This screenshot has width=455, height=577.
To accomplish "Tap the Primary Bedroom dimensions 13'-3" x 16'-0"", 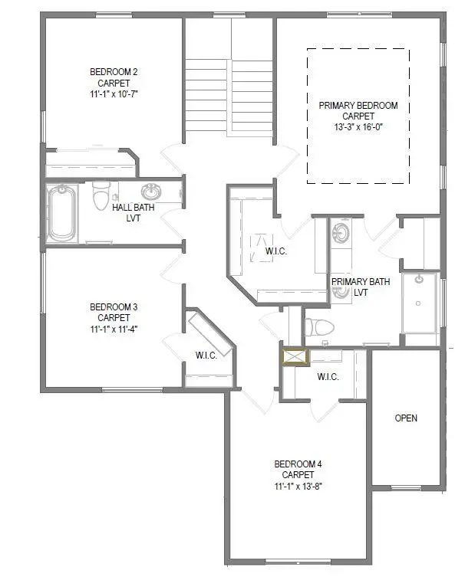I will coord(358,127).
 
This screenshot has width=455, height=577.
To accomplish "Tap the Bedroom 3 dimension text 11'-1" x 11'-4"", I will coord(113,327).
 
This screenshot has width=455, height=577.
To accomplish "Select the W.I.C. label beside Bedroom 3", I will coord(206,355).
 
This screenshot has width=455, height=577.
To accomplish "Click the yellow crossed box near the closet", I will coord(294,356).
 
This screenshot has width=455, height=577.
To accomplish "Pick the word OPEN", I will coord(406,418).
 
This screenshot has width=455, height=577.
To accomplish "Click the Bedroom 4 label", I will coord(293,464).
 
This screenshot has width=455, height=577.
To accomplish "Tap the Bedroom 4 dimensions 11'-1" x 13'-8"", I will coord(293,486).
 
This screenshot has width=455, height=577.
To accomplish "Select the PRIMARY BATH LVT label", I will coord(360,287).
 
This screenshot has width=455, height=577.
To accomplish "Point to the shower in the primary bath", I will coord(420,302).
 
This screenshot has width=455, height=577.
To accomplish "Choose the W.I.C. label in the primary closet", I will coord(275,252).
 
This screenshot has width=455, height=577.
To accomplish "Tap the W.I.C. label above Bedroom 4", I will coord(328,376).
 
